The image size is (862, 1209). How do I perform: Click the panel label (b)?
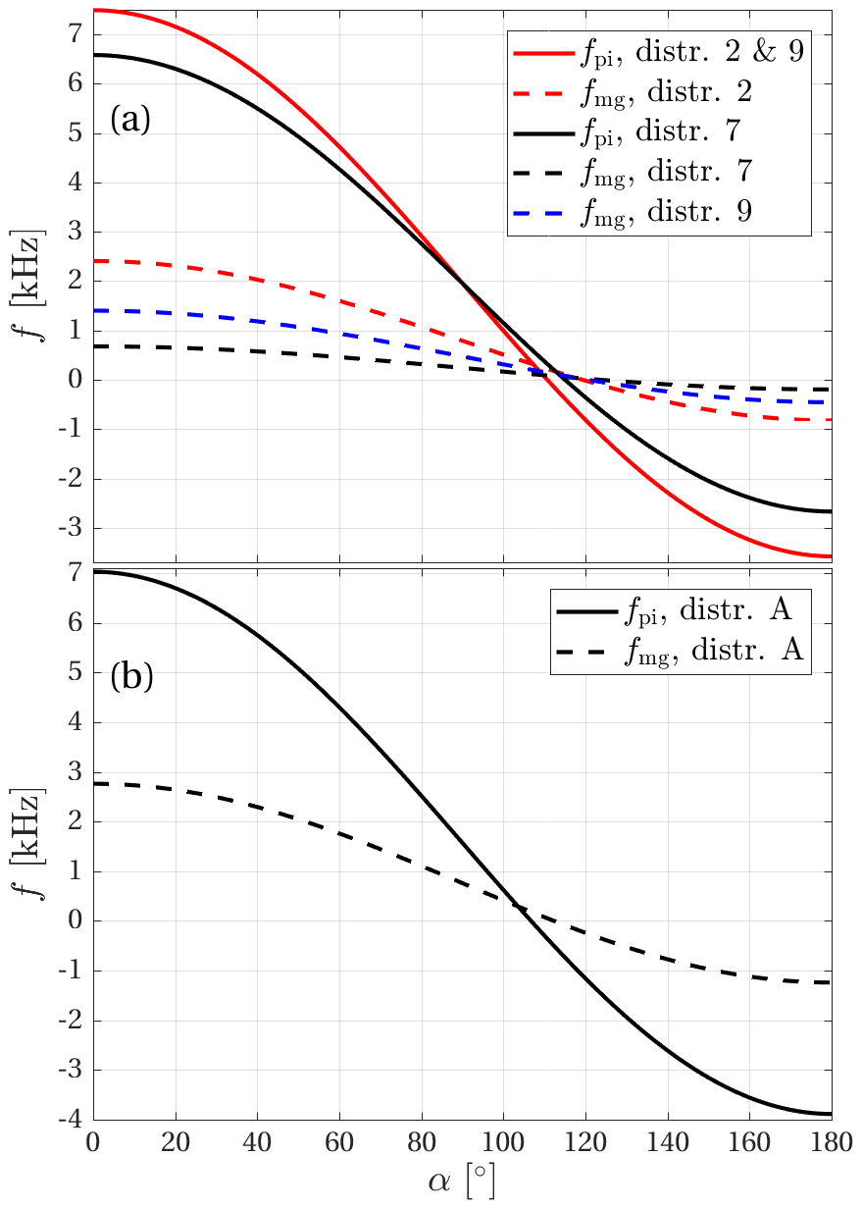click(x=130, y=676)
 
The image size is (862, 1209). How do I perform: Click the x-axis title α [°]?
click(x=461, y=1183)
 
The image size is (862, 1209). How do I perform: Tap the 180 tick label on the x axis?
click(x=830, y=1142)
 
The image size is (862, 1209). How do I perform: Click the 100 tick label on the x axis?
click(x=502, y=1142)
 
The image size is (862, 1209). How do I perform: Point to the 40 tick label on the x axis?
click(x=257, y=1142)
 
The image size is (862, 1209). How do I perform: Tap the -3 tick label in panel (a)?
click(x=68, y=529)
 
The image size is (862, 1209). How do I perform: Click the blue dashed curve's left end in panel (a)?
click(x=95, y=310)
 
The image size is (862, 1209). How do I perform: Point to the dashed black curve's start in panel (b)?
click(x=95, y=783)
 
